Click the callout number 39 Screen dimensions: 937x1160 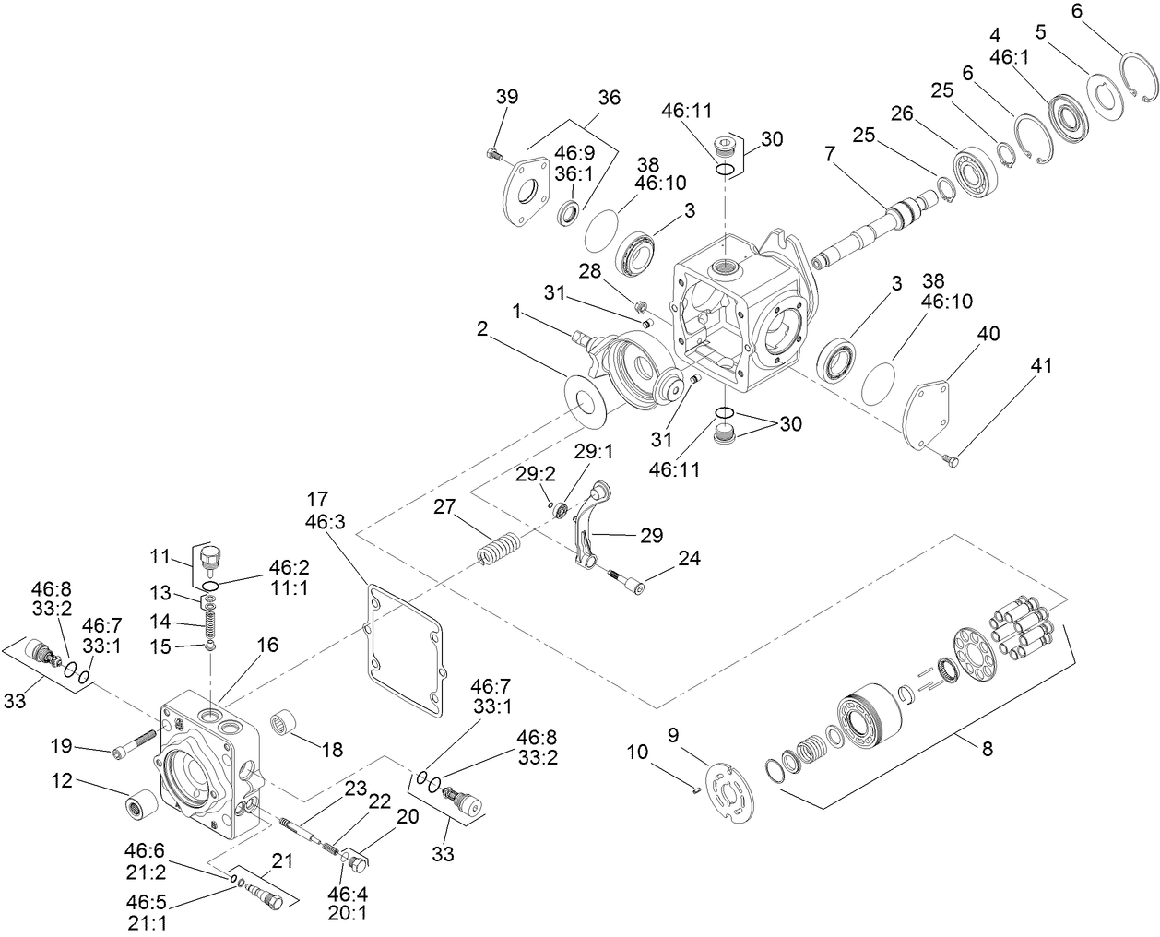506,98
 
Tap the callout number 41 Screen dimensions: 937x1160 1041,366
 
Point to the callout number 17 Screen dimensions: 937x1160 316,500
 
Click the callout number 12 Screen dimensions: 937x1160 62,782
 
